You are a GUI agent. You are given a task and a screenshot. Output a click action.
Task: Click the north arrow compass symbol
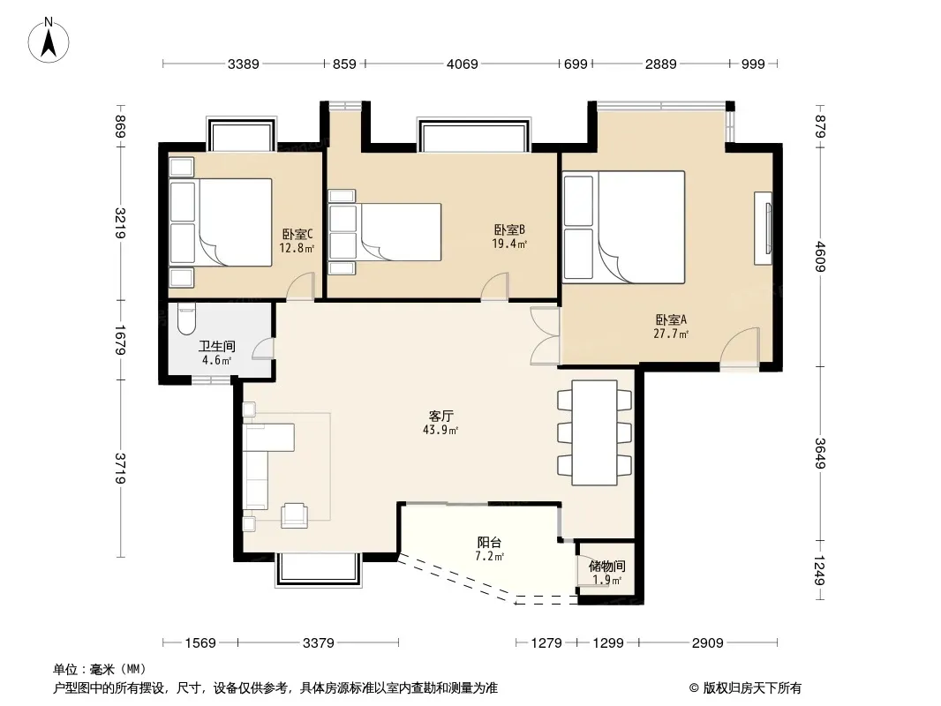click(49, 41)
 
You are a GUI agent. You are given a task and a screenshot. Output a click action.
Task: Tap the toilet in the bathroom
click(186, 319)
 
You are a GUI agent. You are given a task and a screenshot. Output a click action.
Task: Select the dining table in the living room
click(594, 432)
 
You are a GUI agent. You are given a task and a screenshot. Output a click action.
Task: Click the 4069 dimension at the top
click(462, 64)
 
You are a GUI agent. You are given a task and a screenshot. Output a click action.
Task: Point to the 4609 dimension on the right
click(820, 256)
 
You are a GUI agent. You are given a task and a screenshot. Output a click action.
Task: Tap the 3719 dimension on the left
click(121, 469)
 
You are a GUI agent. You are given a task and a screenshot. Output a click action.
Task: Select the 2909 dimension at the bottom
click(708, 643)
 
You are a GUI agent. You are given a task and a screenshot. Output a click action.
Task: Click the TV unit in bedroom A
click(763, 228)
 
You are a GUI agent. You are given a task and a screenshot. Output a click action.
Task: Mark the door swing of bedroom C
click(301, 287)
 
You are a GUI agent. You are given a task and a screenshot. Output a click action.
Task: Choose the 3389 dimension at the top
click(243, 64)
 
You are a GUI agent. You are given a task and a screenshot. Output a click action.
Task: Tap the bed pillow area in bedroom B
click(343, 232)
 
